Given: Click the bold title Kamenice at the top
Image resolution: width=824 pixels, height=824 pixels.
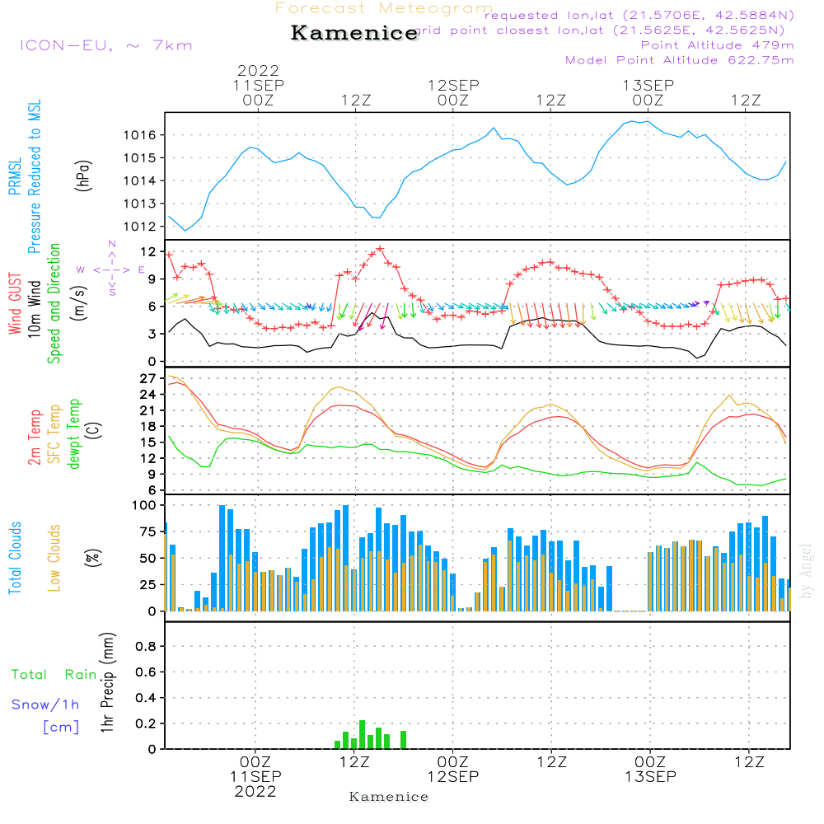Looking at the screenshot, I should coord(354,34).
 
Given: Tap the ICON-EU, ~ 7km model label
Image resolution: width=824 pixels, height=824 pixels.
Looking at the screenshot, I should coord(105,45).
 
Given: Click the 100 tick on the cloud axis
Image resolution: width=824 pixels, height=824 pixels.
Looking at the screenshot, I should coord(145,505).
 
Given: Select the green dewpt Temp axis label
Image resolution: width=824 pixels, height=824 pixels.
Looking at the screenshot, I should coord(75,434).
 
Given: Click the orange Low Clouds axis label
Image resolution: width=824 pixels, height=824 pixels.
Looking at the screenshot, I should coord(55,558).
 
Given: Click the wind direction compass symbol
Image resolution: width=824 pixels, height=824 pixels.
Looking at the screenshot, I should coord(111,269).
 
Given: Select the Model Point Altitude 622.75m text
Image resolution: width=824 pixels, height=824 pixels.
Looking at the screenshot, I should coord(679,60).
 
